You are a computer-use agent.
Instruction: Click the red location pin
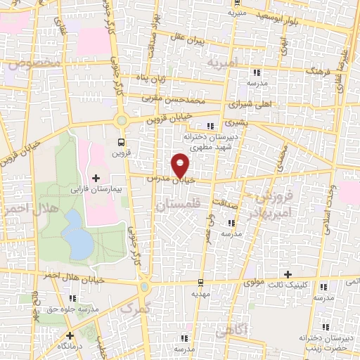coord(181,165)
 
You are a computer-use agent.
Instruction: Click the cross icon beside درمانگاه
coord(70,335)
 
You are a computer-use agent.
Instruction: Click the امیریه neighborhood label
coord(224,63)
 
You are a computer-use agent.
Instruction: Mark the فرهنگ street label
coord(307,72)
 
